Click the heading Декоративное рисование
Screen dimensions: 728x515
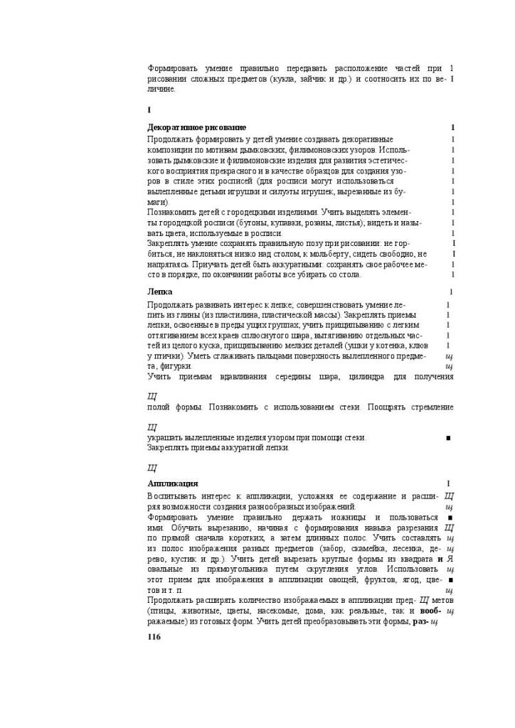197,127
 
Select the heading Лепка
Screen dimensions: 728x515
160,291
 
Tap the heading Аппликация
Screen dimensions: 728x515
173,483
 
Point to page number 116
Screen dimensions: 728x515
154,636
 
